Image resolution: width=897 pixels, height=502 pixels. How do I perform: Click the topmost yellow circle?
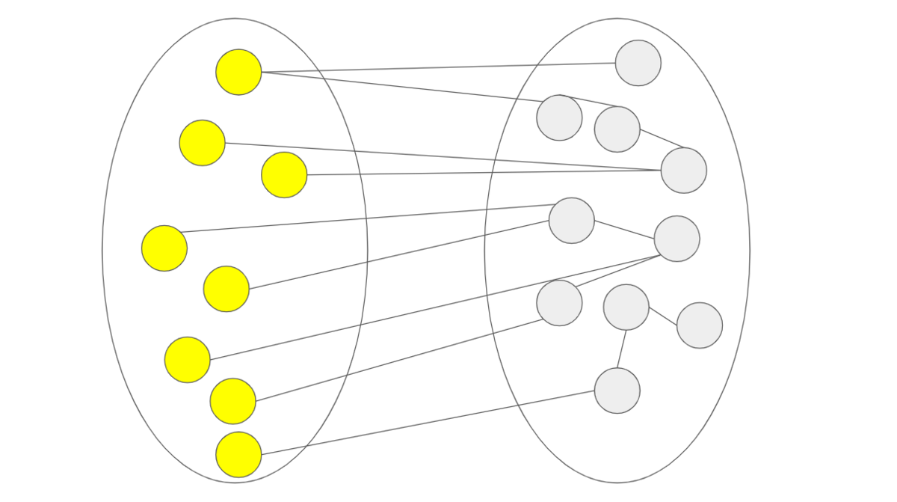pos(238,72)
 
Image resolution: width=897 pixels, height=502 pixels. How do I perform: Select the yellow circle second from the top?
pos(202,143)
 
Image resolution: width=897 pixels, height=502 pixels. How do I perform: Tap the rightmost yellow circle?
pos(284,175)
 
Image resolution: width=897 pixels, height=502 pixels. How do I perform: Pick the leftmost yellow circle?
pos(164,248)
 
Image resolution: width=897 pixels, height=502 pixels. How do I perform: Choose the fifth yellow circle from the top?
pos(226,289)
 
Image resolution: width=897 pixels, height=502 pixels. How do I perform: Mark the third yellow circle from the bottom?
pos(187,360)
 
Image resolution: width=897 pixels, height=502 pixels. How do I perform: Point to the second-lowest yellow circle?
pos(232,401)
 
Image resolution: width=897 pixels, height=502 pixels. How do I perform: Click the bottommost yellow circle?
pos(238,455)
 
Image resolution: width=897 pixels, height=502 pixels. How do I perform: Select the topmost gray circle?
pos(638,63)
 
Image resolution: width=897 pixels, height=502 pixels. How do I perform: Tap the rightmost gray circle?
pos(700,325)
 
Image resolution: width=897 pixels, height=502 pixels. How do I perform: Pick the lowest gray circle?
pos(617,391)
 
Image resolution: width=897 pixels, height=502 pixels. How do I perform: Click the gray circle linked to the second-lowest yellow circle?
pos(559,303)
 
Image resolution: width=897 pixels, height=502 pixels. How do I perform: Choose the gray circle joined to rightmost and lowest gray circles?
pos(626,307)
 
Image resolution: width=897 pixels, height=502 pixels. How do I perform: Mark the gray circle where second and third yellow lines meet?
pos(684,171)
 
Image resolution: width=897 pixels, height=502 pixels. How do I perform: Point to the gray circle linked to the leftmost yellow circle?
pos(572,221)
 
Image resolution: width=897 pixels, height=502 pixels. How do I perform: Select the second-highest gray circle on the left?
pos(572,221)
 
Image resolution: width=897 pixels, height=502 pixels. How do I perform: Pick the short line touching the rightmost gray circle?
pos(663,316)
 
